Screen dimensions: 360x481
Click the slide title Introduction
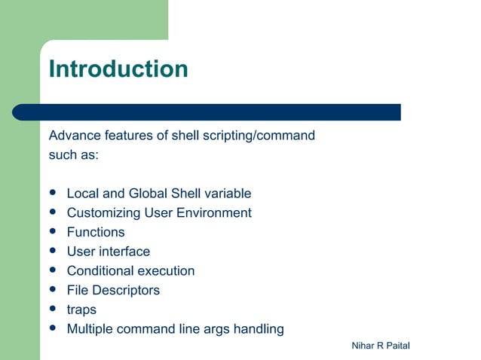coord(118,69)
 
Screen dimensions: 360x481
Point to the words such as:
coord(74,155)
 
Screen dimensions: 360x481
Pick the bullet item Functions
coord(96,233)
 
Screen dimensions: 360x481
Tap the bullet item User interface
coord(109,252)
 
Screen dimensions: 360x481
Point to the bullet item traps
coord(81,310)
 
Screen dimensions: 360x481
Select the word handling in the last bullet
coord(258,329)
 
